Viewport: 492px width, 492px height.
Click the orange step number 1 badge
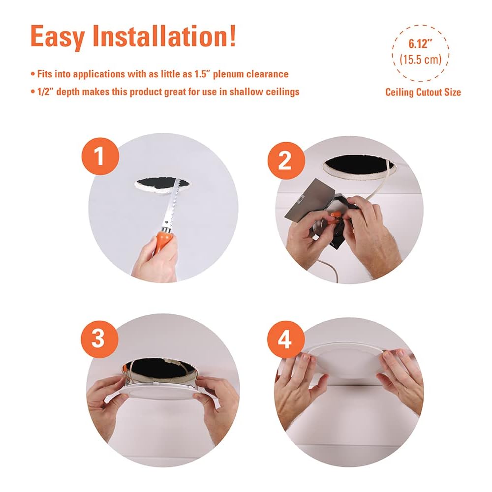[x=100, y=156]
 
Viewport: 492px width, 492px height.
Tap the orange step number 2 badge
[x=286, y=161]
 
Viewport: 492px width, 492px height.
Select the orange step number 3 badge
[x=99, y=339]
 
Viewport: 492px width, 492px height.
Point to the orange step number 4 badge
[x=286, y=339]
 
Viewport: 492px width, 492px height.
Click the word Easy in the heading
[x=58, y=37]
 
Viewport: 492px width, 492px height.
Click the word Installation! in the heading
[x=164, y=36]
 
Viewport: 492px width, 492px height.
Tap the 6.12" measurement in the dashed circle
[x=421, y=44]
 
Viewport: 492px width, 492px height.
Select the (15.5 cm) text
[x=421, y=59]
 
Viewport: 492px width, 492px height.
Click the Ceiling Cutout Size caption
[x=423, y=92]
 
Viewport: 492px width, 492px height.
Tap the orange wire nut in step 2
[x=334, y=215]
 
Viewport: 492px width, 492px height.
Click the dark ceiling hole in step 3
[x=158, y=368]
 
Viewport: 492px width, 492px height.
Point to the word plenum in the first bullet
[x=228, y=74]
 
